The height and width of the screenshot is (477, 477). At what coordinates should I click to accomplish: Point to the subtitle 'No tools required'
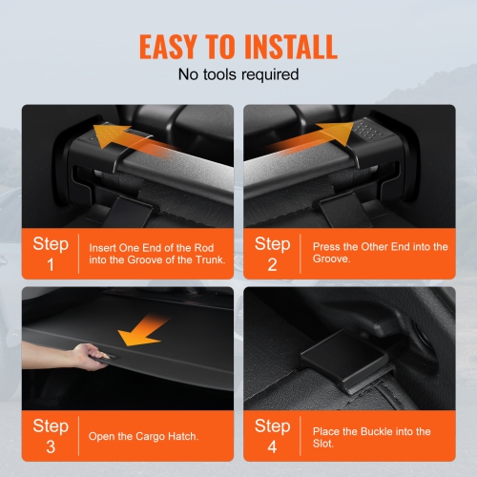pos(238,73)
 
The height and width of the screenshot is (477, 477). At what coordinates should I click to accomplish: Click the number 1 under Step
pos(51,264)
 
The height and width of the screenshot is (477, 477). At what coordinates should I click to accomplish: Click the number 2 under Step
pos(273,264)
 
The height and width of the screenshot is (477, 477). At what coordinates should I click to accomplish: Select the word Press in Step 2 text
pos(327,247)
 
